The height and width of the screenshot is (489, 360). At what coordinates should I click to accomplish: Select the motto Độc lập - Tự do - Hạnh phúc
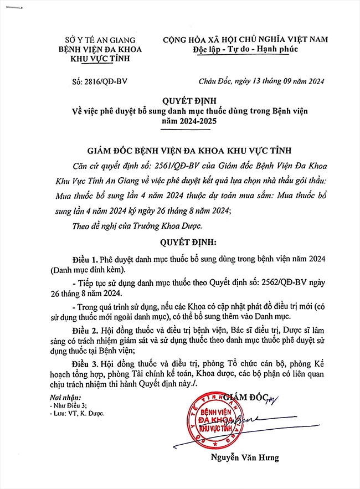[245, 49]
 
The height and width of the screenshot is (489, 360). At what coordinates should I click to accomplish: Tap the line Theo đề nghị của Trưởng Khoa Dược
[137, 225]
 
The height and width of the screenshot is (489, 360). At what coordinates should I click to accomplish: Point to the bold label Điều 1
[85, 260]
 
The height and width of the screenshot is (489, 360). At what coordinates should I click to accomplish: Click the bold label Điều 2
[85, 331]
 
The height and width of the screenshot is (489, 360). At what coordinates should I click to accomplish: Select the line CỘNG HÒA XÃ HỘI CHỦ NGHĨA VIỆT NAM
[245, 39]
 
